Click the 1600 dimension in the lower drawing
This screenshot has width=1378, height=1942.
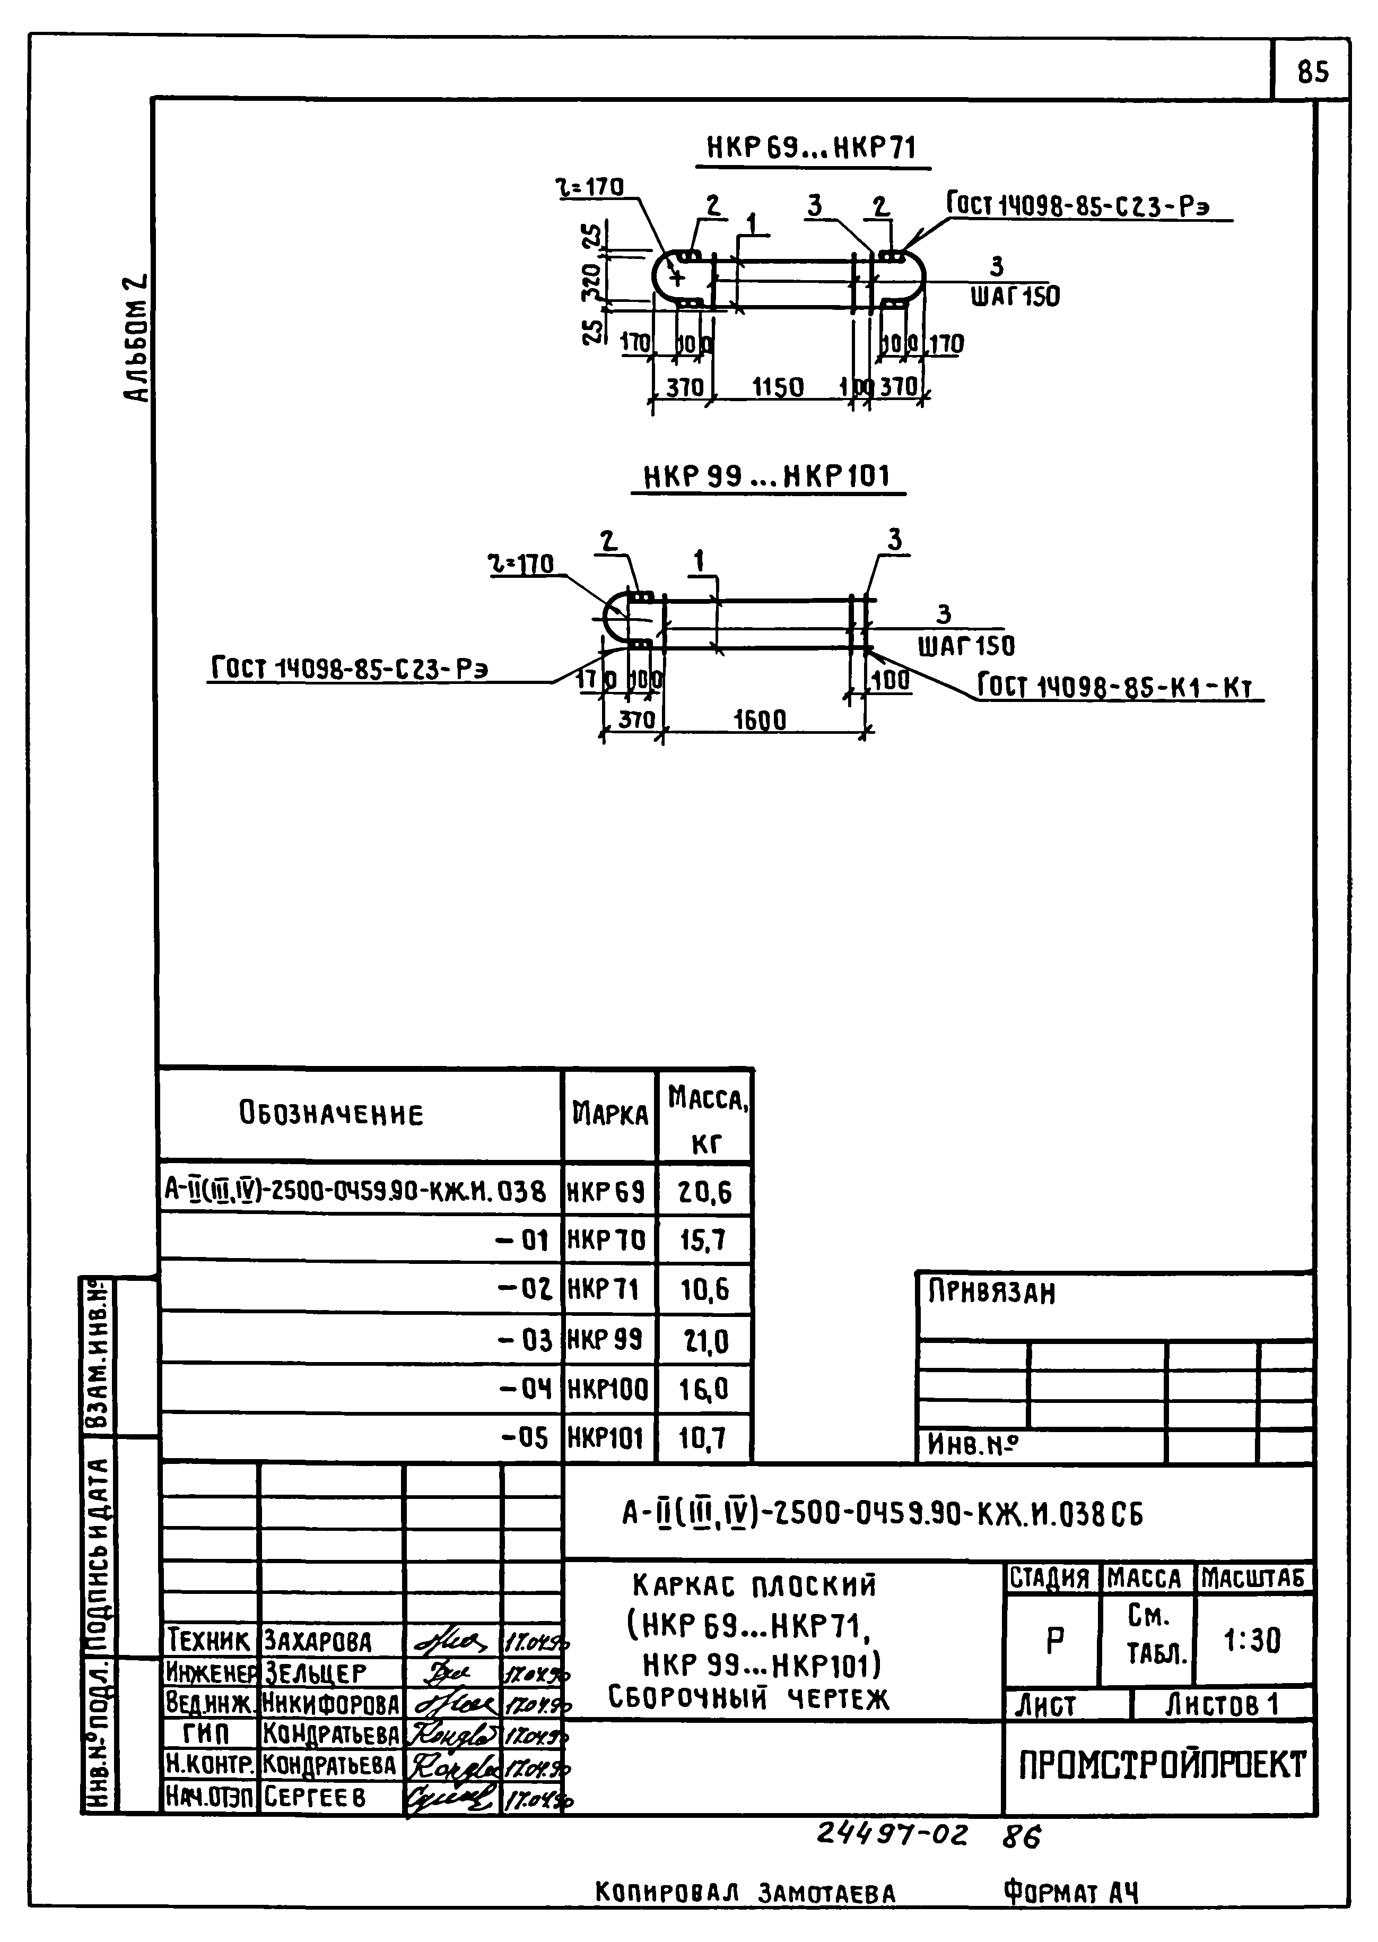(760, 720)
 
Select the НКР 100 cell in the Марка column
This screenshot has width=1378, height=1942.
(607, 1390)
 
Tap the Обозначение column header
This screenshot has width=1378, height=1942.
(331, 1114)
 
